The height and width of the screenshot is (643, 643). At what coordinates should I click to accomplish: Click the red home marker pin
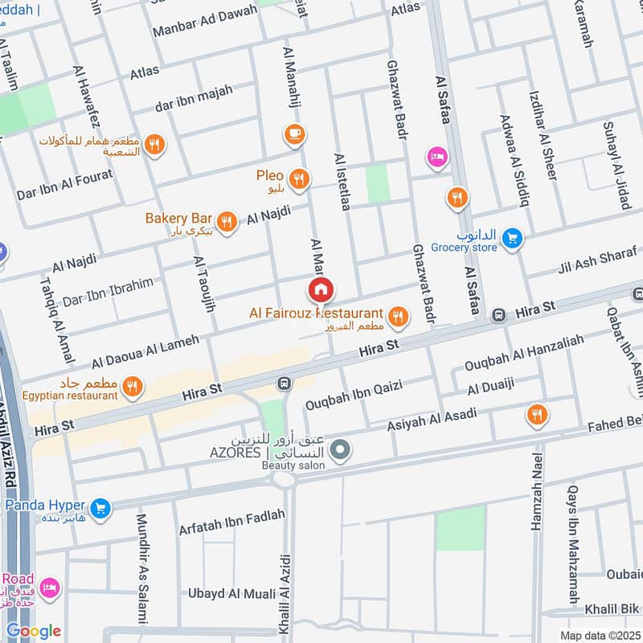(x=320, y=289)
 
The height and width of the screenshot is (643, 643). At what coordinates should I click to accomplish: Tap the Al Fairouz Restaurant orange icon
(x=397, y=318)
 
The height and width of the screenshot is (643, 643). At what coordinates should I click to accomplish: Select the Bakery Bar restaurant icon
(x=227, y=221)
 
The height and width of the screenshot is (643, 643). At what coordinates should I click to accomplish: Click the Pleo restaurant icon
(x=299, y=179)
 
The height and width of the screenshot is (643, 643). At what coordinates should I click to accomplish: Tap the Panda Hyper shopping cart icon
(x=100, y=507)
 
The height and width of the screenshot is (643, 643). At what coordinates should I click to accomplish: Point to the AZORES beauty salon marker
(x=341, y=451)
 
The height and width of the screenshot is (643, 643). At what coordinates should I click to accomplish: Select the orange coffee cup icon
(x=295, y=133)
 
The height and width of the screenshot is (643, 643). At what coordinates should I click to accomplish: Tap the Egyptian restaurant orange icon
(x=133, y=386)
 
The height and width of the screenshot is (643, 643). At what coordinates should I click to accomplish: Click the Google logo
(x=32, y=630)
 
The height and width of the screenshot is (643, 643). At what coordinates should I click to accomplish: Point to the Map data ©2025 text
(x=599, y=635)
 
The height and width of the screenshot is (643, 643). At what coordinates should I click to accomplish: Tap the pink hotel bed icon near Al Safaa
(x=437, y=156)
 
